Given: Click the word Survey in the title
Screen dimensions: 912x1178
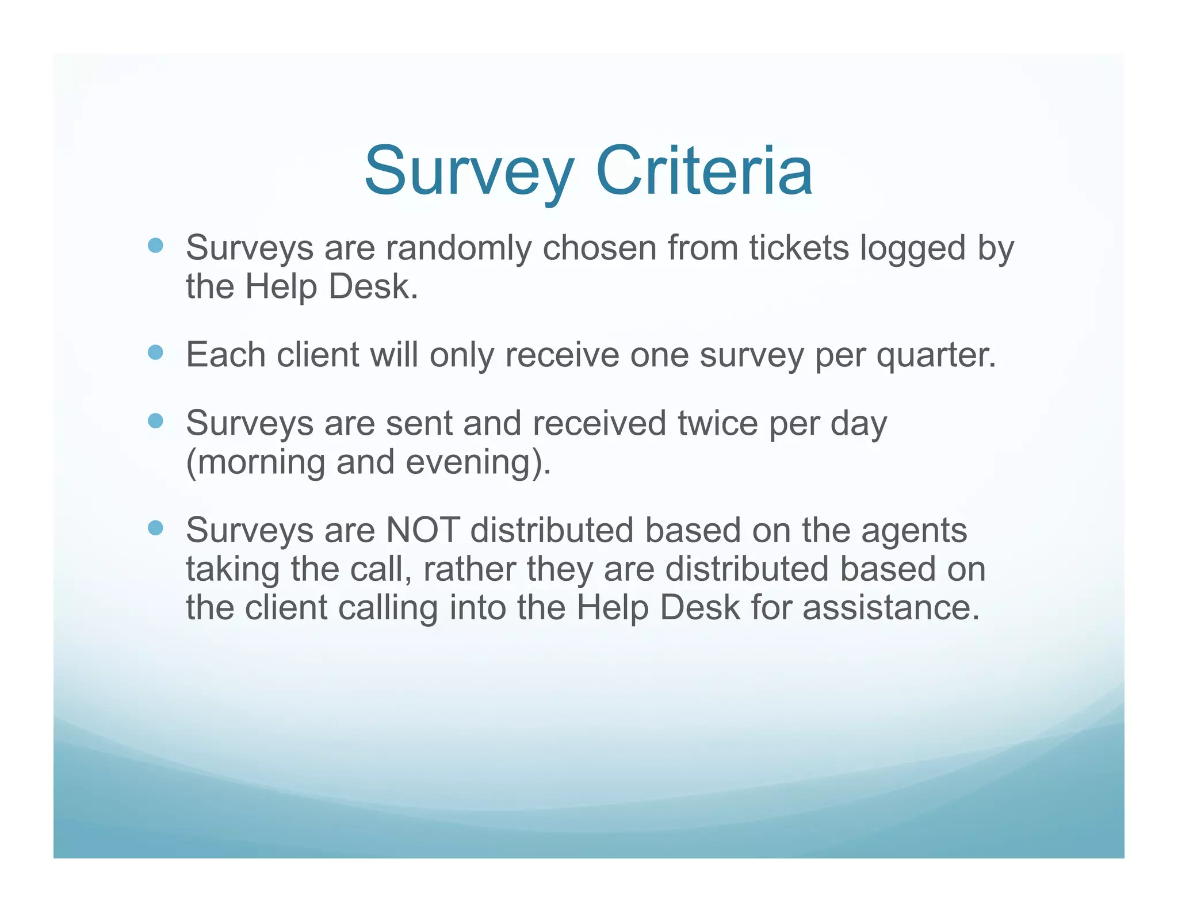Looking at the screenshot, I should [469, 171].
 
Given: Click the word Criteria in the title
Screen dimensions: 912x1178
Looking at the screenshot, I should [704, 171].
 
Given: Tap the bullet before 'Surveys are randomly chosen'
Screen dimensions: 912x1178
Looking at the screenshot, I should [156, 246].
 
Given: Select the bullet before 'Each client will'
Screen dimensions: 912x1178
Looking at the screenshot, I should [156, 352].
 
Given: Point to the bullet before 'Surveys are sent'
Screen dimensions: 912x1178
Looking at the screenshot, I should [156, 421].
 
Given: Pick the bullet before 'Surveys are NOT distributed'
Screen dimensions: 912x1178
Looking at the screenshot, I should [156, 528].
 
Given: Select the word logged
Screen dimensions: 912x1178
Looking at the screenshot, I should [913, 249].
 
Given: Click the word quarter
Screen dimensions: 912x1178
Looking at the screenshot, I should [936, 356].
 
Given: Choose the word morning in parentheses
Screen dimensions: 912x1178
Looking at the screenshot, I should [261, 463].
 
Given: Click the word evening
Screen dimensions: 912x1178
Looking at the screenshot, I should [472, 463].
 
